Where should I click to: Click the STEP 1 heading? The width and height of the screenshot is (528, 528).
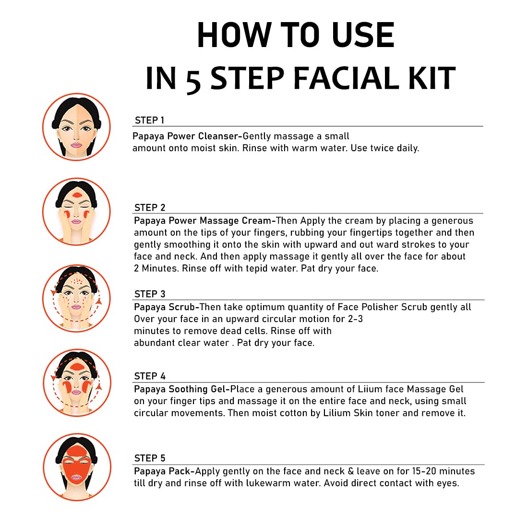(149, 120)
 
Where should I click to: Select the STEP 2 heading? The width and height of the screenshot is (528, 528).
(150, 207)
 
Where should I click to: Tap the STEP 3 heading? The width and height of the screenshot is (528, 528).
(150, 294)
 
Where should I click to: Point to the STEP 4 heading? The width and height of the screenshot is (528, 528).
(150, 376)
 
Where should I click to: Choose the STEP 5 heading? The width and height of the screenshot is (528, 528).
(150, 458)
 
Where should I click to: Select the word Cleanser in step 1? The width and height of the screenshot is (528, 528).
(218, 136)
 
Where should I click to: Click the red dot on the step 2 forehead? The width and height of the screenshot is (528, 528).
(77, 195)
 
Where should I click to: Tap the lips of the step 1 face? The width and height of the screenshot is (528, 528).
(76, 145)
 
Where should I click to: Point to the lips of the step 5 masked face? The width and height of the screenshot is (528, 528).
(76, 478)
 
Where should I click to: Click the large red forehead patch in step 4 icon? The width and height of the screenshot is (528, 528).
(77, 367)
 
